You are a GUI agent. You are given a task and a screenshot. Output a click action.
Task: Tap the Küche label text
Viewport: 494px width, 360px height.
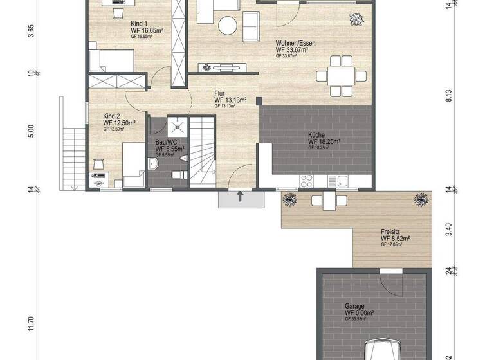316,134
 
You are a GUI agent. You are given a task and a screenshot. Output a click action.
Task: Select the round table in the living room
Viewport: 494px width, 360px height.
228,26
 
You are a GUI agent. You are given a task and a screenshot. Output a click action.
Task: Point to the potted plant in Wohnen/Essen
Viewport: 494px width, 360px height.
354,19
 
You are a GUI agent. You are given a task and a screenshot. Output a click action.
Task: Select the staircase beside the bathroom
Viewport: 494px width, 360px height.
204,149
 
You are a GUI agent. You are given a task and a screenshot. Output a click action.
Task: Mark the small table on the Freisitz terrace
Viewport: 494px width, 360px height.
324,201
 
